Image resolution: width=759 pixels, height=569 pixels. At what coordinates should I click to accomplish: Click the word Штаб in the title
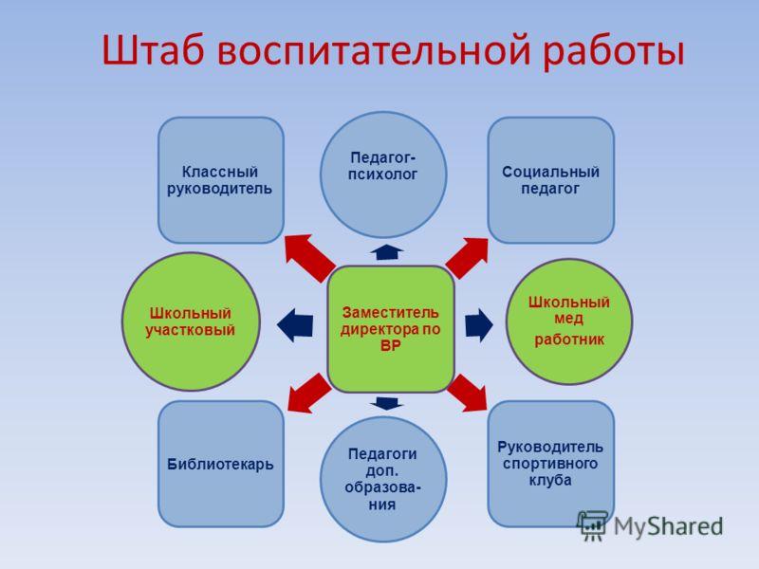[x=153, y=50]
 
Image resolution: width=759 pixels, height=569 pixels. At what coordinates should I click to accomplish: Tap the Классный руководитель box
[x=221, y=180]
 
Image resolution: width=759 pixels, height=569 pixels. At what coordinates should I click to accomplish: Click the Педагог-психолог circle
[x=383, y=174]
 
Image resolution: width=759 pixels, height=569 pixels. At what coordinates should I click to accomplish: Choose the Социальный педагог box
[x=551, y=180]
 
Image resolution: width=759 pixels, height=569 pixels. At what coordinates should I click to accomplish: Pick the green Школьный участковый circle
[x=191, y=321]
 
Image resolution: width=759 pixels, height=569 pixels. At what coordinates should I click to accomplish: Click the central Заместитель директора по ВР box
[x=391, y=329]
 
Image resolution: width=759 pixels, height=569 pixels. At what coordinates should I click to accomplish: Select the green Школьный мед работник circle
[x=568, y=321]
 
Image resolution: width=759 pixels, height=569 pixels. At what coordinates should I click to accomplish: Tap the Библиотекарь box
[x=221, y=464]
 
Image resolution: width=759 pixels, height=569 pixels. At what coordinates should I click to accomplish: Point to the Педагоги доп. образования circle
[x=383, y=479]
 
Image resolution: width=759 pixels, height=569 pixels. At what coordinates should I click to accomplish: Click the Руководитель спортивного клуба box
[x=551, y=464]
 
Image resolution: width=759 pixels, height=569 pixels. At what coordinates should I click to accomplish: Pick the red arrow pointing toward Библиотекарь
[x=307, y=394]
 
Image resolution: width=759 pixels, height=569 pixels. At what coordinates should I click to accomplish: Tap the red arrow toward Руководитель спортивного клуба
[x=468, y=393]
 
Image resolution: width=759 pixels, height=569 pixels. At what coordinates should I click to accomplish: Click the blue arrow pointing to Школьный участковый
[x=295, y=324]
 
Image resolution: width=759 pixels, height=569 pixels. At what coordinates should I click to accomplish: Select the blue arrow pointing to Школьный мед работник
[x=479, y=324]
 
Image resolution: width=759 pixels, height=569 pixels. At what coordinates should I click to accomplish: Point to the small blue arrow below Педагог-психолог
[x=387, y=252]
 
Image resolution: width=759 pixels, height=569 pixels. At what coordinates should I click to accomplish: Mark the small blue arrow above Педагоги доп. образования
[x=387, y=403]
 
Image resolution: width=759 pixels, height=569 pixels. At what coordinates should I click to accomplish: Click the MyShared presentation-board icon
[x=592, y=525]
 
